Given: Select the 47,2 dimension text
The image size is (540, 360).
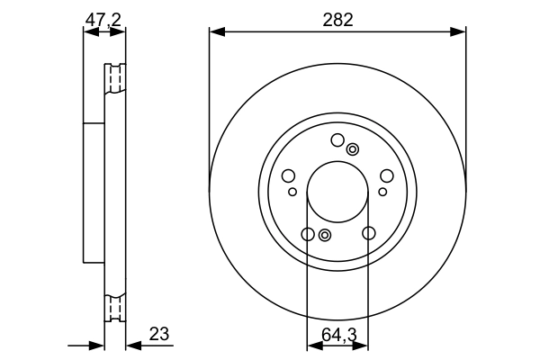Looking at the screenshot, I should point(103,17).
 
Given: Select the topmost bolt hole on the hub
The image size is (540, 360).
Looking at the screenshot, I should point(337,139).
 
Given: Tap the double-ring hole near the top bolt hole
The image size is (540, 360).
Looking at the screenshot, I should point(353,149).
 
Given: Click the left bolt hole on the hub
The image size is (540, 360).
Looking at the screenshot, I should point(289,176).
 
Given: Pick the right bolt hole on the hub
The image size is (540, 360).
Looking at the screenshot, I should point(386,176).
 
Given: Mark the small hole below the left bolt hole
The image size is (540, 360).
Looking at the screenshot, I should point(292,192).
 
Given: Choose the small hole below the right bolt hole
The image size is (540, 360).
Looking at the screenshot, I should point(382,192).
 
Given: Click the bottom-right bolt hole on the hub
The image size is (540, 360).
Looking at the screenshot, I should point(368,234).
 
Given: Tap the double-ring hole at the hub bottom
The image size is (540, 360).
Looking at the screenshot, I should point(325,236).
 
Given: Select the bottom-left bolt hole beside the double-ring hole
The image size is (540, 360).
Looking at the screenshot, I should point(308,235).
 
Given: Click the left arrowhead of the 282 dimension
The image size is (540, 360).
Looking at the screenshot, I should point(215,32).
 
